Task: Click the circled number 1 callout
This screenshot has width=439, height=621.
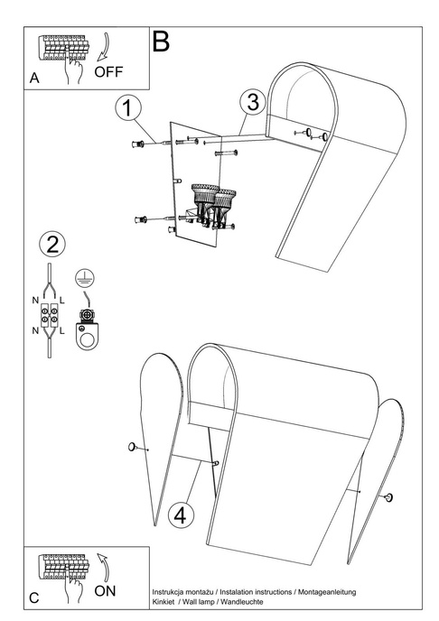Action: tap(127, 107)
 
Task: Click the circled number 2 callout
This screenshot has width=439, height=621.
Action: tap(52, 244)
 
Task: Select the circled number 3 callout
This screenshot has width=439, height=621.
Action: tap(252, 101)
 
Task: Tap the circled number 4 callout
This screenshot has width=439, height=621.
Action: tap(181, 515)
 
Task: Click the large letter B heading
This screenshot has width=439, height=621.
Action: tap(161, 42)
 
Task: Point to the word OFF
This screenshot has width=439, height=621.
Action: tap(108, 71)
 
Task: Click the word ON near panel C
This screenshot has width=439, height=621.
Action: tap(105, 591)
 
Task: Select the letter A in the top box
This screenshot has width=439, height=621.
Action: tap(34, 78)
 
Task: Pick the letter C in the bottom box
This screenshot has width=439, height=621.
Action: tap(34, 598)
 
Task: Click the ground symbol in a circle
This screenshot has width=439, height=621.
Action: tap(85, 278)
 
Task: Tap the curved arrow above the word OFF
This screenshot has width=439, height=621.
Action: tap(102, 48)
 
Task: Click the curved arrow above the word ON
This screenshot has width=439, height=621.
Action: tap(103, 567)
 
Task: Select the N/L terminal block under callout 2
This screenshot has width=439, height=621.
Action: tap(49, 315)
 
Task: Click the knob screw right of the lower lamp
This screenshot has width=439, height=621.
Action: tap(389, 497)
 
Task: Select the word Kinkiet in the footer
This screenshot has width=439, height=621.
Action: tap(163, 602)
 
